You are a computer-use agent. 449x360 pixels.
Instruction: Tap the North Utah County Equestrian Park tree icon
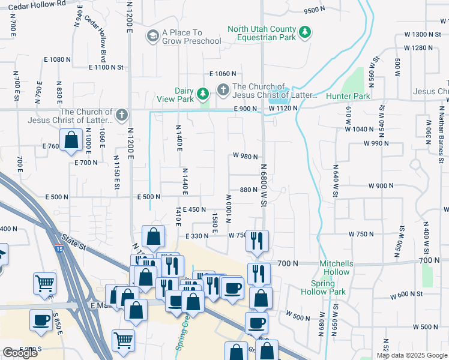[306, 32]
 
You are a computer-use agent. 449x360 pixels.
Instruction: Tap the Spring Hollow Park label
[328, 287]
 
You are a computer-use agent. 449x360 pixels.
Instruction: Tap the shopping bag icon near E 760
[71, 140]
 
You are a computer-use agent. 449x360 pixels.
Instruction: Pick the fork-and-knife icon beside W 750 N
[258, 241]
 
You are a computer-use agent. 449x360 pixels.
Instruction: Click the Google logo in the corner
[20, 353]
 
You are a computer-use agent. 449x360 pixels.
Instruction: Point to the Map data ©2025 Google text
[412, 355]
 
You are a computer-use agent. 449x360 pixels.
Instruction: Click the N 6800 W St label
[263, 186]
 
